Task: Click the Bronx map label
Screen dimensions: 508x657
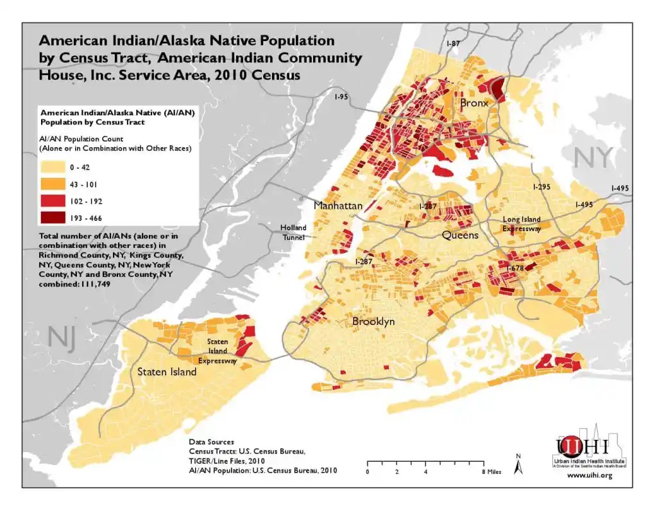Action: [474, 103]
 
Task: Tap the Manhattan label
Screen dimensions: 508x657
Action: [338, 206]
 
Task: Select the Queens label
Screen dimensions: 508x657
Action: [460, 235]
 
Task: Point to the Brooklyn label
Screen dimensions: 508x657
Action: [373, 322]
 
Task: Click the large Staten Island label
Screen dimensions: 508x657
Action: [167, 372]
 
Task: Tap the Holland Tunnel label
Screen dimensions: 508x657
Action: [293, 232]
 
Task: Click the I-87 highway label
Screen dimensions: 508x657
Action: [453, 43]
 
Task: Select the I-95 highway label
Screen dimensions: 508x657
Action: [341, 96]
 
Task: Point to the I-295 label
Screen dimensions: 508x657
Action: [542, 187]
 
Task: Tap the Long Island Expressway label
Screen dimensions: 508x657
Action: [521, 223]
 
